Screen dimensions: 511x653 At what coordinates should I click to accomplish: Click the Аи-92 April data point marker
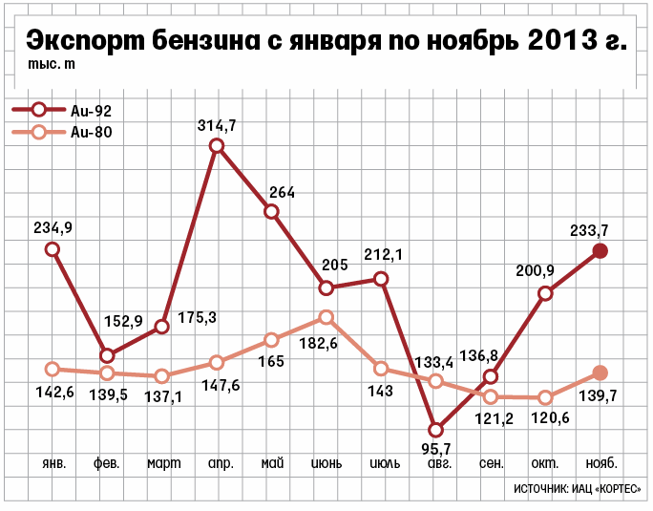[x=217, y=146]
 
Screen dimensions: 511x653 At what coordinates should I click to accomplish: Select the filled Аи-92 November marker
[x=600, y=250]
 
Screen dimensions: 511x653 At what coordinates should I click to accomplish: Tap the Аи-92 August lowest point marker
[x=436, y=430]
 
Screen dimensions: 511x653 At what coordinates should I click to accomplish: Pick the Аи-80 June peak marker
[x=326, y=317]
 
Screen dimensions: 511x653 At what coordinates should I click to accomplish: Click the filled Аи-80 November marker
[x=600, y=373]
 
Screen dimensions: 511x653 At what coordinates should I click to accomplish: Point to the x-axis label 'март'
[x=164, y=463]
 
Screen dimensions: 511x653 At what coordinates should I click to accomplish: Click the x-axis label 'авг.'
[x=439, y=463]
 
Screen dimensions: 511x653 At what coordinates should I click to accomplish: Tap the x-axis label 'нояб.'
[x=600, y=463]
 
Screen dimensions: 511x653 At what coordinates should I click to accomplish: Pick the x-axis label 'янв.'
[x=54, y=463]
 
